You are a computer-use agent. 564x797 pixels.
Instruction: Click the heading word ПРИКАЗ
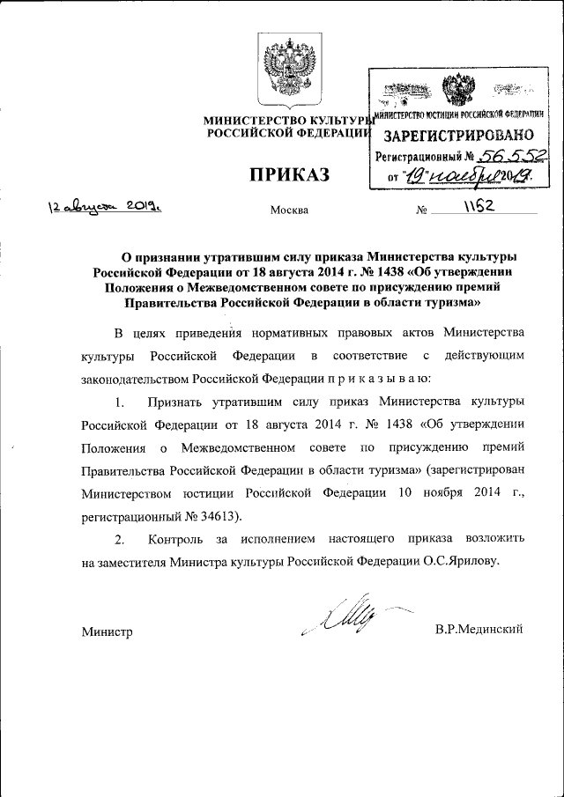287,174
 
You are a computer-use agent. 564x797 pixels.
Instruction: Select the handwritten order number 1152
480,205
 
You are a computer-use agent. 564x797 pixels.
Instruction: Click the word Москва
290,210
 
